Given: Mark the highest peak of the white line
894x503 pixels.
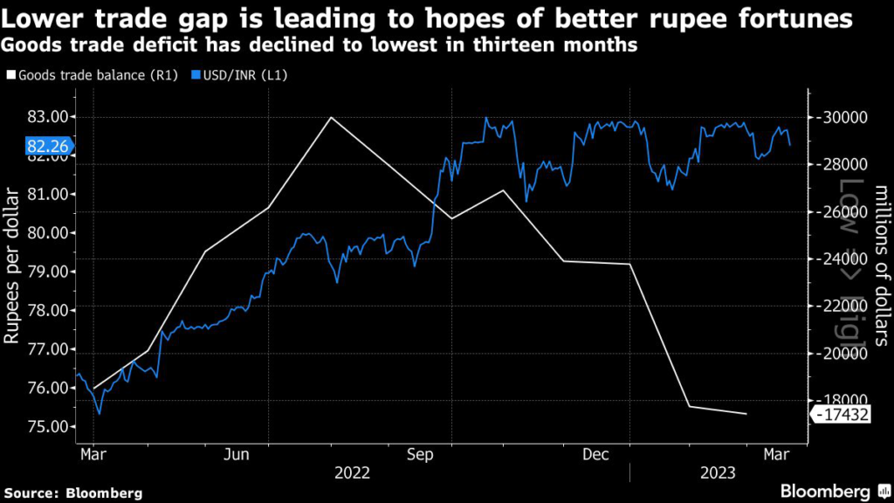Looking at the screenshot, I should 329,117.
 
